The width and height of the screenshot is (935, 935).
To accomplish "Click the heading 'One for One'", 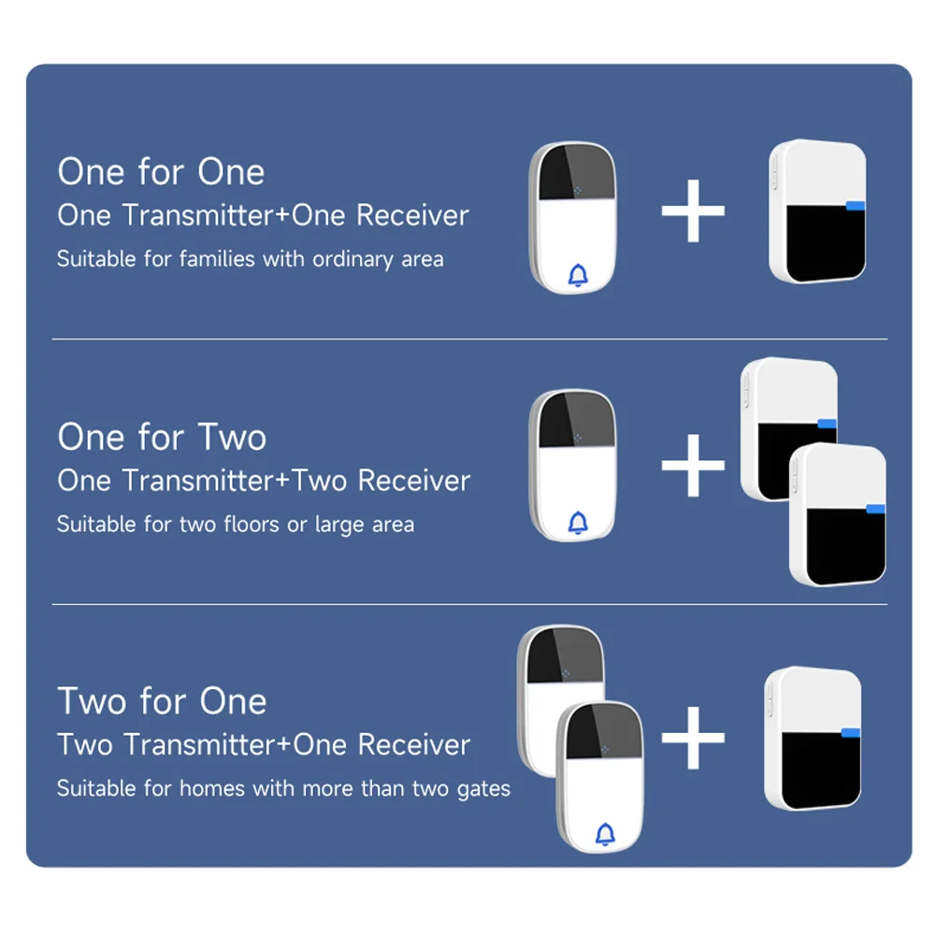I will [161, 172].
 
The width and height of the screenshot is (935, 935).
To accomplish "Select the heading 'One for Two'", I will [162, 438].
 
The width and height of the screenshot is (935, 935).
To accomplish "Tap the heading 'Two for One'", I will [162, 701].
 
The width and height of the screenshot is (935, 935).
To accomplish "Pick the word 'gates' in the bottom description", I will [483, 789].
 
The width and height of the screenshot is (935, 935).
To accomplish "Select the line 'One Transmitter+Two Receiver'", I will [264, 481].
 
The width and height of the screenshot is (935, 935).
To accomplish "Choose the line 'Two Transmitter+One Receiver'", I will [264, 745].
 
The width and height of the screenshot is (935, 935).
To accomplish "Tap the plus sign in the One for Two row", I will [693, 464].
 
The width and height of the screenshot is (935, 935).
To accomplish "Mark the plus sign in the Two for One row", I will [693, 738].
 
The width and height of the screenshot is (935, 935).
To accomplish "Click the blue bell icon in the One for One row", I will [578, 275].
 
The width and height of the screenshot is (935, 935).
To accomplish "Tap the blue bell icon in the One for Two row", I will [578, 523].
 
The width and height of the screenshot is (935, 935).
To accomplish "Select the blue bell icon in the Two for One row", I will [605, 833].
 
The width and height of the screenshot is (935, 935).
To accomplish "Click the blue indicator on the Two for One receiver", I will [850, 733].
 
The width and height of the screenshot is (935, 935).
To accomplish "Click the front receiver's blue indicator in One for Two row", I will [875, 510].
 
